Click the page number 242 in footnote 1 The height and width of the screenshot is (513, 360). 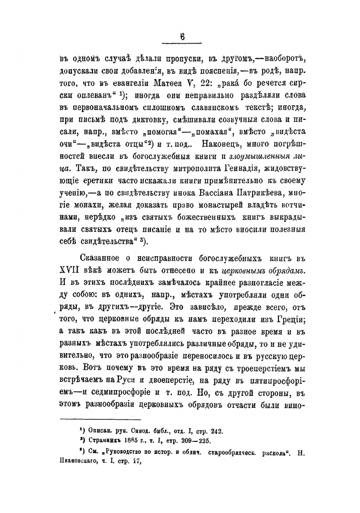(217, 431)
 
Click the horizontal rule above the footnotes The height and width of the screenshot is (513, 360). (100, 419)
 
